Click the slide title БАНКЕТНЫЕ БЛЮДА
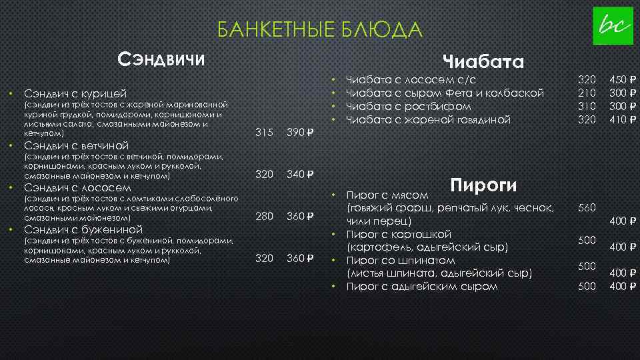[x=319, y=30]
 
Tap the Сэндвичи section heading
[x=161, y=58]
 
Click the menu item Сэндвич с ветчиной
[x=76, y=145]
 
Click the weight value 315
[x=265, y=133]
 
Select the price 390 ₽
[x=300, y=133]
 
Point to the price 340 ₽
[x=300, y=175]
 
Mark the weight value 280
[x=265, y=217]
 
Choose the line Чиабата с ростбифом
[x=418, y=106]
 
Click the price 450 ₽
[x=623, y=79]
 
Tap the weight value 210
[x=587, y=92]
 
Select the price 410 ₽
[x=623, y=120]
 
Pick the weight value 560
[x=587, y=208]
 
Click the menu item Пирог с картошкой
[x=399, y=235]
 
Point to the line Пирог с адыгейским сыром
[x=422, y=286]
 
